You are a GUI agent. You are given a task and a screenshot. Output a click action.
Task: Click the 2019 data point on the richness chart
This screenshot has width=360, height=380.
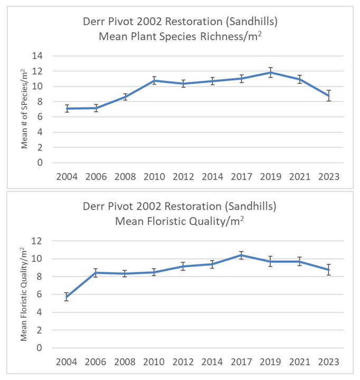pyautogui.click(x=270, y=72)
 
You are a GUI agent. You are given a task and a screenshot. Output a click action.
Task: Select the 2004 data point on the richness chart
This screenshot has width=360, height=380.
pyautogui.click(x=67, y=109)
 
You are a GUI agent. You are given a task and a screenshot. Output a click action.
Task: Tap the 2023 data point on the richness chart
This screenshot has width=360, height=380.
pyautogui.click(x=328, y=96)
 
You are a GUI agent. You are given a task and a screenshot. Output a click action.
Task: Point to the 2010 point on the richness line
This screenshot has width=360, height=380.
pyautogui.click(x=154, y=81)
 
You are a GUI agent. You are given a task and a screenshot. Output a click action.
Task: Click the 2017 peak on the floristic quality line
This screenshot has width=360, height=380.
pyautogui.click(x=241, y=255)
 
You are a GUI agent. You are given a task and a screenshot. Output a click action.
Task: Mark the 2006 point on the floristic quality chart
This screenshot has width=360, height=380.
pyautogui.click(x=96, y=273)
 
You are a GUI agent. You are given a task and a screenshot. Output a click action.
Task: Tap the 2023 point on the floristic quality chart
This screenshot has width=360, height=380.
pyautogui.click(x=328, y=270)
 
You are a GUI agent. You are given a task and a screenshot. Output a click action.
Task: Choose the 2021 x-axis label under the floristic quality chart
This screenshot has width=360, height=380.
pyautogui.click(x=299, y=362)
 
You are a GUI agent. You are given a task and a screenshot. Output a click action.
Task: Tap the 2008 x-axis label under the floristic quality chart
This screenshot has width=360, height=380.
pyautogui.click(x=125, y=362)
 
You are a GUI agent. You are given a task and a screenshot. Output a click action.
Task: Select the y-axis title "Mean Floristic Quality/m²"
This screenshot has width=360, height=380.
pyautogui.click(x=24, y=294)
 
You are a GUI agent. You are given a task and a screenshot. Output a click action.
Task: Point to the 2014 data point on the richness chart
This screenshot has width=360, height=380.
pyautogui.click(x=212, y=81)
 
